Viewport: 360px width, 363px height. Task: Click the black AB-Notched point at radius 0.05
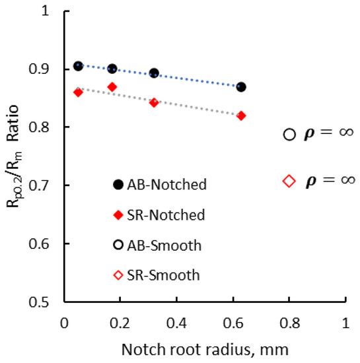coord(78,66)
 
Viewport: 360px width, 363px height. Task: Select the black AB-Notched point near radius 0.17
coord(112,69)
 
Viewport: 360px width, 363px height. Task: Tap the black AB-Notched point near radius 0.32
coord(154,73)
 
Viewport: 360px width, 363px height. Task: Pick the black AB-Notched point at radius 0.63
coord(241,87)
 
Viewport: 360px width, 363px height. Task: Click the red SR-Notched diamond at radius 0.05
coord(78,92)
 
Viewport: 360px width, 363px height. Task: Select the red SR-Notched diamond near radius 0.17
coord(112,87)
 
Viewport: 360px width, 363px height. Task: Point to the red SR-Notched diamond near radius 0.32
coord(154,102)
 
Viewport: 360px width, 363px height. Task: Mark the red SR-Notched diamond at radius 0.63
coord(241,115)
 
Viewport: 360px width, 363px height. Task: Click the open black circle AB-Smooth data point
coord(289,134)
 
